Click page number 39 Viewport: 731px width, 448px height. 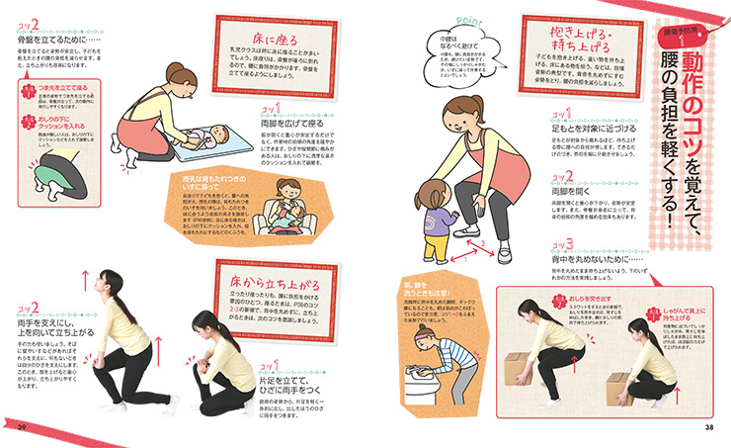coord(21,427)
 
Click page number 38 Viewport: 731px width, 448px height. coord(708,427)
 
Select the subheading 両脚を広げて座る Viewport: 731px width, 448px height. coord(295,126)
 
